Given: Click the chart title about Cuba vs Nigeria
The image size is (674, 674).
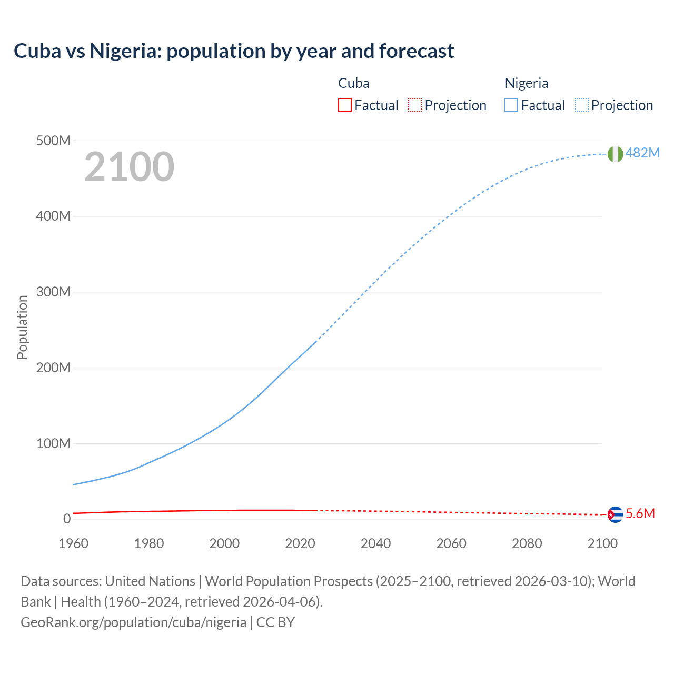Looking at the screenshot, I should [x=234, y=51].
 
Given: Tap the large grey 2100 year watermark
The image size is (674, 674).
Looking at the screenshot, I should [x=129, y=166].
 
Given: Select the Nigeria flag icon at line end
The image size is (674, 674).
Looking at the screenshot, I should [x=615, y=154].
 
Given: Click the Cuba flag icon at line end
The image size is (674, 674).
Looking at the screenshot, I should [x=615, y=514].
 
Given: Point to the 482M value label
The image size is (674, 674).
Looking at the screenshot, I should [x=642, y=153].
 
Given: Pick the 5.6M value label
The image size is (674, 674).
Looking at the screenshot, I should [x=640, y=514].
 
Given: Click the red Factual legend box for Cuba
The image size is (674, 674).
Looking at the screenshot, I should [x=345, y=105].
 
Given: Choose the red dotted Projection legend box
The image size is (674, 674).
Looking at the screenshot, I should [x=415, y=105].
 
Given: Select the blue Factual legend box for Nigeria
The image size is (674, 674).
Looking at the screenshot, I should [x=511, y=105].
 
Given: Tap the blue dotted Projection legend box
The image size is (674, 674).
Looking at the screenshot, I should [x=582, y=105].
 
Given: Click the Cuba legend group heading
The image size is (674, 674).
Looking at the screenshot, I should [x=353, y=83].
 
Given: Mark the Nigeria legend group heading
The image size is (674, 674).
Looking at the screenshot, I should [x=527, y=83].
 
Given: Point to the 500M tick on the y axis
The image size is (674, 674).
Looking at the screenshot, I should [x=53, y=141].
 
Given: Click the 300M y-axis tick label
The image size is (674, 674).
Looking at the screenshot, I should [x=53, y=292].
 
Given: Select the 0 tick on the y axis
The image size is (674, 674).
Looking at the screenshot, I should [x=66, y=519].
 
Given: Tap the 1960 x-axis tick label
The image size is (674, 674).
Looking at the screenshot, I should [x=73, y=543].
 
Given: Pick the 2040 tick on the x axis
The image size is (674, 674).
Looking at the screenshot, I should [x=375, y=543].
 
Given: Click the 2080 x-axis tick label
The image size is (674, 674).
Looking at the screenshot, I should [x=527, y=543].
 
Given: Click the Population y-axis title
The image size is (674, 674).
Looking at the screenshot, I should [x=22, y=327].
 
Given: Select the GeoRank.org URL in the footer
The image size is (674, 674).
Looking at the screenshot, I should [x=133, y=622].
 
